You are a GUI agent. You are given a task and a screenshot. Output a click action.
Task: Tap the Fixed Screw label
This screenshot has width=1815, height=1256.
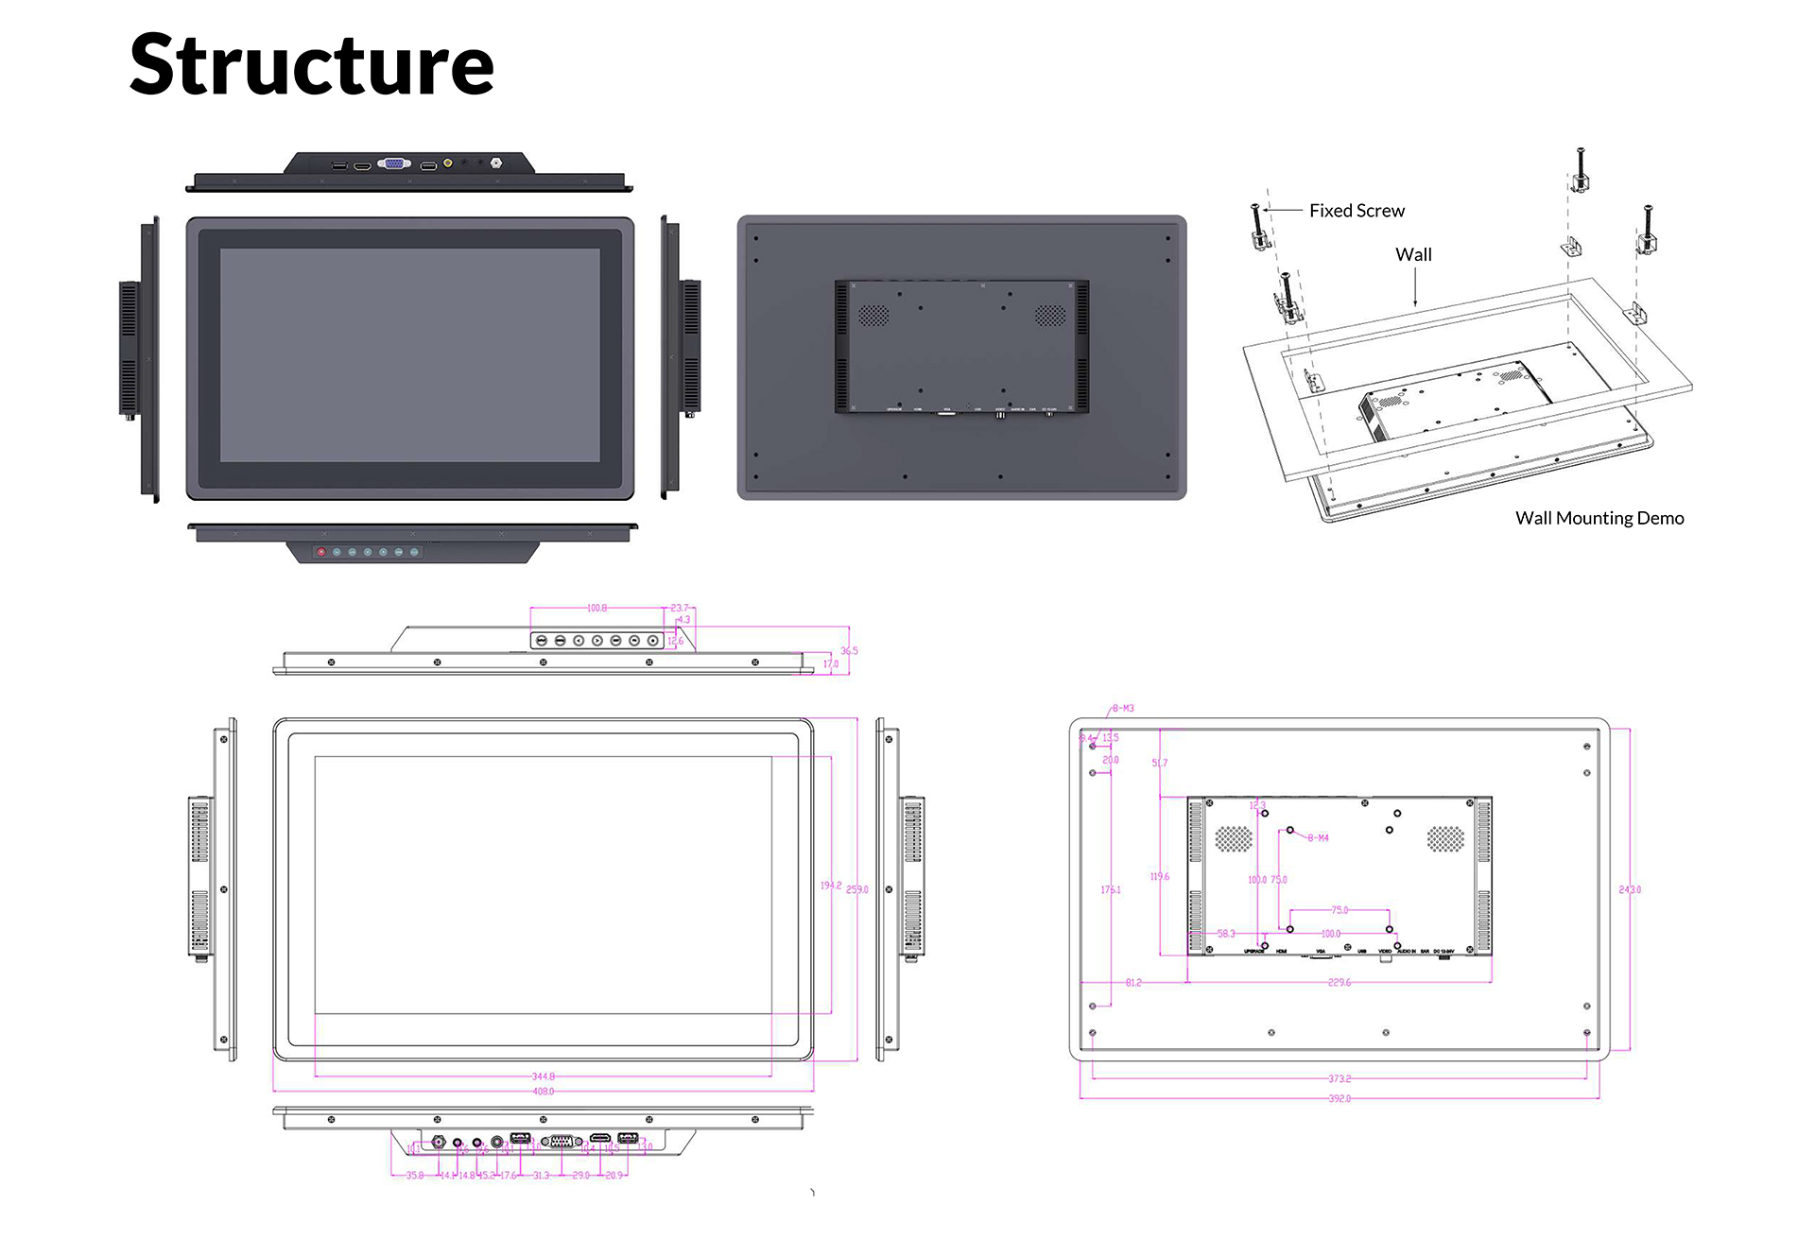pyautogui.click(x=1357, y=211)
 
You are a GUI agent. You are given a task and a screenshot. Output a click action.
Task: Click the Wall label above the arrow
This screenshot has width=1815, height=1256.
pyautogui.click(x=1413, y=254)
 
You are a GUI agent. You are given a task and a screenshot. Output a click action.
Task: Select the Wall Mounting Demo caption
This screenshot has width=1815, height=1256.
pyautogui.click(x=1599, y=518)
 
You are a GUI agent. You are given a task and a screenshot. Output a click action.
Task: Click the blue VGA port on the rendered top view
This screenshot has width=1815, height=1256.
pyautogui.click(x=394, y=163)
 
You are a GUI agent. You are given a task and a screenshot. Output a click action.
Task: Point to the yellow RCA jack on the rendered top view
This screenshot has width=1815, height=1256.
pyautogui.click(x=448, y=163)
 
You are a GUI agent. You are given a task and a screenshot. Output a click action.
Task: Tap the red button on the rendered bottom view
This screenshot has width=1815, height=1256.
pyautogui.click(x=321, y=552)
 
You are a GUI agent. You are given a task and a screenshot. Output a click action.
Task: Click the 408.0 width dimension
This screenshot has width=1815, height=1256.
pyautogui.click(x=544, y=1092)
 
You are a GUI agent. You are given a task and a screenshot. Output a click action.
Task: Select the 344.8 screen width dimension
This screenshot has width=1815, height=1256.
pyautogui.click(x=544, y=1076)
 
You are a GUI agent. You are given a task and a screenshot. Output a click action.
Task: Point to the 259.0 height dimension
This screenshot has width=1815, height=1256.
pyautogui.click(x=856, y=889)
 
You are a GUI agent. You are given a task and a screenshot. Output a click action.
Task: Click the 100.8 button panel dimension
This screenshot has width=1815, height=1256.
pyautogui.click(x=596, y=608)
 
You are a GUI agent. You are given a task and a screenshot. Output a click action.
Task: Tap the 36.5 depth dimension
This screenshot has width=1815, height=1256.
pyautogui.click(x=849, y=650)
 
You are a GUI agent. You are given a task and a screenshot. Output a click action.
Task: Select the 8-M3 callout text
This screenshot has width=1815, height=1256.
pyautogui.click(x=1123, y=708)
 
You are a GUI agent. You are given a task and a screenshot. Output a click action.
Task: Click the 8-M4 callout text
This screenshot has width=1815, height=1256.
pyautogui.click(x=1319, y=837)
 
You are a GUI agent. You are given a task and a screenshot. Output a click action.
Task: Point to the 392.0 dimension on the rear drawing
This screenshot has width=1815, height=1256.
pyautogui.click(x=1340, y=1098)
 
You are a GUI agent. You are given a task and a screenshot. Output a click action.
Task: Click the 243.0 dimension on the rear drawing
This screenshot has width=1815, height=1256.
pyautogui.click(x=1630, y=889)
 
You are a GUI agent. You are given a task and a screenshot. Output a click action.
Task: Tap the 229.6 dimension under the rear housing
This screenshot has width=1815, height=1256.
pyautogui.click(x=1340, y=983)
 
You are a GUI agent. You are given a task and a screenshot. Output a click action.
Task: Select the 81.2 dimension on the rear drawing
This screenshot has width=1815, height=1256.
pyautogui.click(x=1133, y=983)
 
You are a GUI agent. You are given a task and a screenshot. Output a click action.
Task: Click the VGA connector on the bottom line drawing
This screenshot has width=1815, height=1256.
pyautogui.click(x=561, y=1141)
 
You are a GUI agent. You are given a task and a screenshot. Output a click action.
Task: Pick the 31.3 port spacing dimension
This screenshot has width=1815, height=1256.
pyautogui.click(x=541, y=1176)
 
